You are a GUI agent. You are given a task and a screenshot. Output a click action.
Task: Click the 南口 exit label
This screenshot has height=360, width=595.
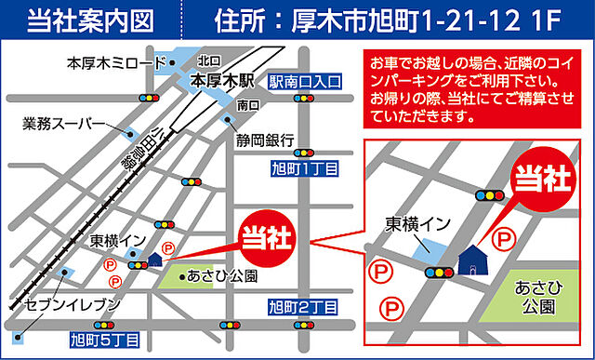click(248, 105)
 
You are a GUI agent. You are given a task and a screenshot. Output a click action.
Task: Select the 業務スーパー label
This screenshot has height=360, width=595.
click(63, 122)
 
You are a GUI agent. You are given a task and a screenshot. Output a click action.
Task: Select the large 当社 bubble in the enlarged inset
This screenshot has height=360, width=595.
click(542, 176)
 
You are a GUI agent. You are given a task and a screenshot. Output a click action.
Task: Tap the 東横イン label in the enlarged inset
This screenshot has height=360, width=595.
click(417, 224)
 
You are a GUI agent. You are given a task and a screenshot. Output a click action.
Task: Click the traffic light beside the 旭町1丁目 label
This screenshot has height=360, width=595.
click(305, 151)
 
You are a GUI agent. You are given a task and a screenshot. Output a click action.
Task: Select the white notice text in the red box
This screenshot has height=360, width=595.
click(470, 90)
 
